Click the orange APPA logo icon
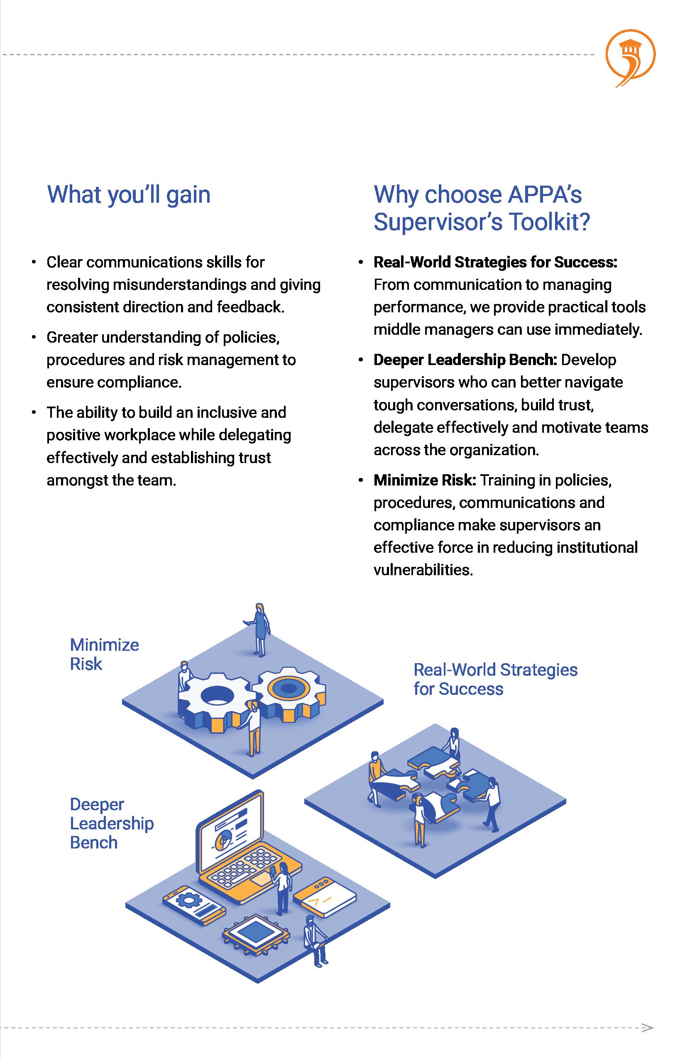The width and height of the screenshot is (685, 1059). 630,57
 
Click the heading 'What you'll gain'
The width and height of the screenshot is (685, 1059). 129,195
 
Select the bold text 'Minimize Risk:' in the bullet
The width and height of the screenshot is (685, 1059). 425,480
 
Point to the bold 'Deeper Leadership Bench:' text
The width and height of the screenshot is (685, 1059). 465,360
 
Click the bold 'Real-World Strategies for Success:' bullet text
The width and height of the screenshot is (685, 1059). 495,262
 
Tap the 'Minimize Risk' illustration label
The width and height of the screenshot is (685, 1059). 105,654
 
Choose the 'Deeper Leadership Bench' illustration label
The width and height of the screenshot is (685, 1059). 112,823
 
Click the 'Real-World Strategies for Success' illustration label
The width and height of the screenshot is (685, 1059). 495,679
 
